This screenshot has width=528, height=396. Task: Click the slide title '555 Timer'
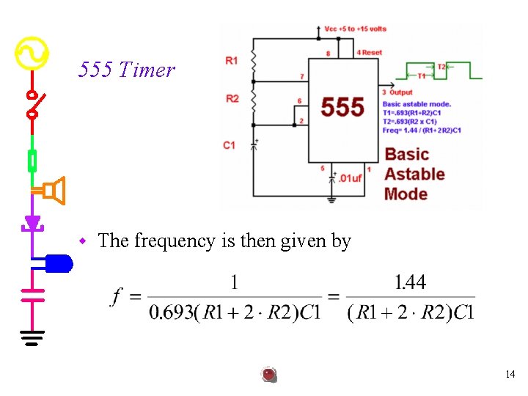[127, 70]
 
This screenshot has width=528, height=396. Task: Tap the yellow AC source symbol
[31, 54]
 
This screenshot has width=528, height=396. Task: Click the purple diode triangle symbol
[32, 222]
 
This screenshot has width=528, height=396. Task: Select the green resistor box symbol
[32, 159]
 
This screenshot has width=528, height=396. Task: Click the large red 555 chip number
[342, 107]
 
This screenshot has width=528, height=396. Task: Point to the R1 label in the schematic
[231, 60]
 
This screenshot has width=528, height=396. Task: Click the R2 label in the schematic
[231, 98]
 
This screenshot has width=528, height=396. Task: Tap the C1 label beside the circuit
[230, 145]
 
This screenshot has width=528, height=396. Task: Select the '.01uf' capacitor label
[351, 177]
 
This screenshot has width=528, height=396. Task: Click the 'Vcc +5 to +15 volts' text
[355, 29]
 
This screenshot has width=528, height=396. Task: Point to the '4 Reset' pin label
[370, 53]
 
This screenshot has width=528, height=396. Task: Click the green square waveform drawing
[439, 71]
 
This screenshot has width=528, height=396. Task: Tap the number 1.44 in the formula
[410, 282]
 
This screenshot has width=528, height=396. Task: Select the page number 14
[510, 374]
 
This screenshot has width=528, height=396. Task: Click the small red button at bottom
[269, 375]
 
